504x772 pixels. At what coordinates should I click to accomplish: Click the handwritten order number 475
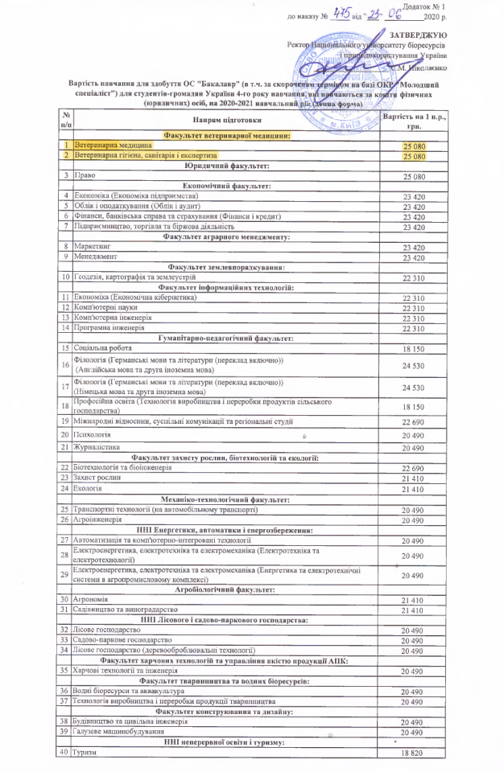pos(344,14)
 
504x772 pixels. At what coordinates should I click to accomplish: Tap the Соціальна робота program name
pos(101,347)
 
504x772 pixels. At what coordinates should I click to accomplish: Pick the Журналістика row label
pos(97,447)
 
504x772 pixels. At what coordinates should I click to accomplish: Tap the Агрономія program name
pos(91,600)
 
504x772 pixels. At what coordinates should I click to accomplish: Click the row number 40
pos(64,753)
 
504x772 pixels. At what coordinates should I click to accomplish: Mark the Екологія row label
pos(88,488)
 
